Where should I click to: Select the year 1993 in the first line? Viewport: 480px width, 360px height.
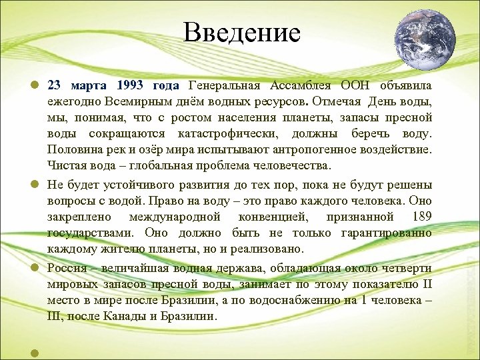click(132, 86)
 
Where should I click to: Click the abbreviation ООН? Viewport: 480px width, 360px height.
click(358, 86)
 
